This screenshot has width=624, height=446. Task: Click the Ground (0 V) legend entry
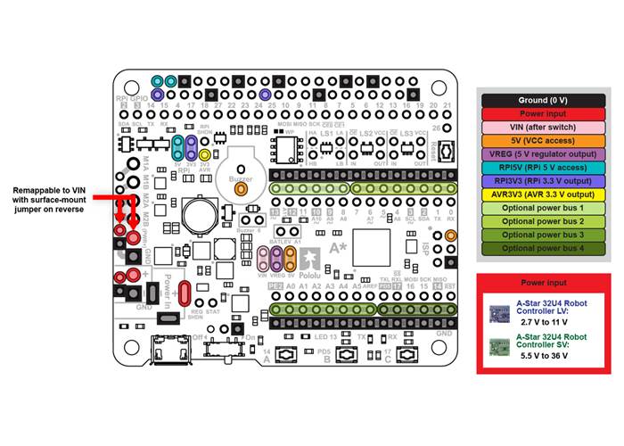click(x=543, y=100)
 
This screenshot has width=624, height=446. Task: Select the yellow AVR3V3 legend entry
click(x=543, y=194)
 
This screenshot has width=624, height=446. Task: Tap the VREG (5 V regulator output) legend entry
click(x=543, y=153)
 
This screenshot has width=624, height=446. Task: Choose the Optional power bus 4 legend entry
click(x=543, y=247)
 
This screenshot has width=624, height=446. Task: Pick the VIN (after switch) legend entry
click(x=543, y=127)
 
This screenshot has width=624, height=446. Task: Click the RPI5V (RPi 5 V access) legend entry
click(x=543, y=167)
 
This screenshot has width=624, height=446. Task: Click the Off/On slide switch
click(x=224, y=347)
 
